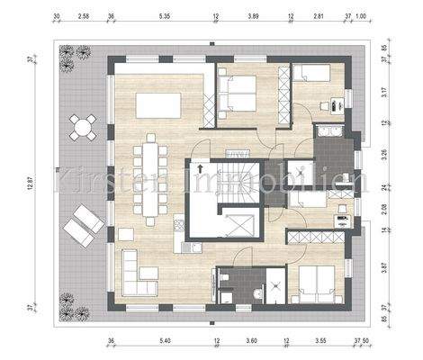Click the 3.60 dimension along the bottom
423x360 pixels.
tap(253, 342)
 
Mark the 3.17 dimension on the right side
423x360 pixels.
tap(383, 92)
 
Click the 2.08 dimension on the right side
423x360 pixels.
tap(383, 210)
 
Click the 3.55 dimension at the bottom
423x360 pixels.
tap(320, 342)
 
